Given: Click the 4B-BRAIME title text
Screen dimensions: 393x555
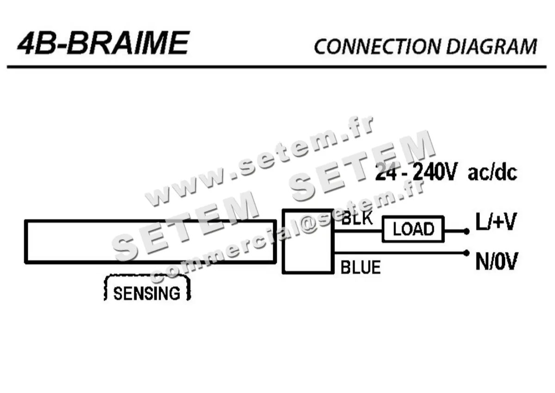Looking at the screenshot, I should point(103,44).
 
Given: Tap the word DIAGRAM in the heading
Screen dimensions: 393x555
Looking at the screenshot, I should point(492,46).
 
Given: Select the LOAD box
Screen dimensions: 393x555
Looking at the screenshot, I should point(413,229).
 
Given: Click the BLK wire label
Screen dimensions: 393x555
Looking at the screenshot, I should point(357,219).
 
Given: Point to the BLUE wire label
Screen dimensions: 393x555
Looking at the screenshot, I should point(360,267).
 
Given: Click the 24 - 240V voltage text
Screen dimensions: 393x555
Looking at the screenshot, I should point(416,173).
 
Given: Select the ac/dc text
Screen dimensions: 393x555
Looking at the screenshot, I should point(492,173).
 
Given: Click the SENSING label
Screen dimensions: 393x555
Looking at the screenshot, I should point(147,293).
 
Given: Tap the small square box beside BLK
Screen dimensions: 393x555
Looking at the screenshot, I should point(308,241).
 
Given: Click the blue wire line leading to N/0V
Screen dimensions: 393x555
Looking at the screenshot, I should point(398,253).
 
